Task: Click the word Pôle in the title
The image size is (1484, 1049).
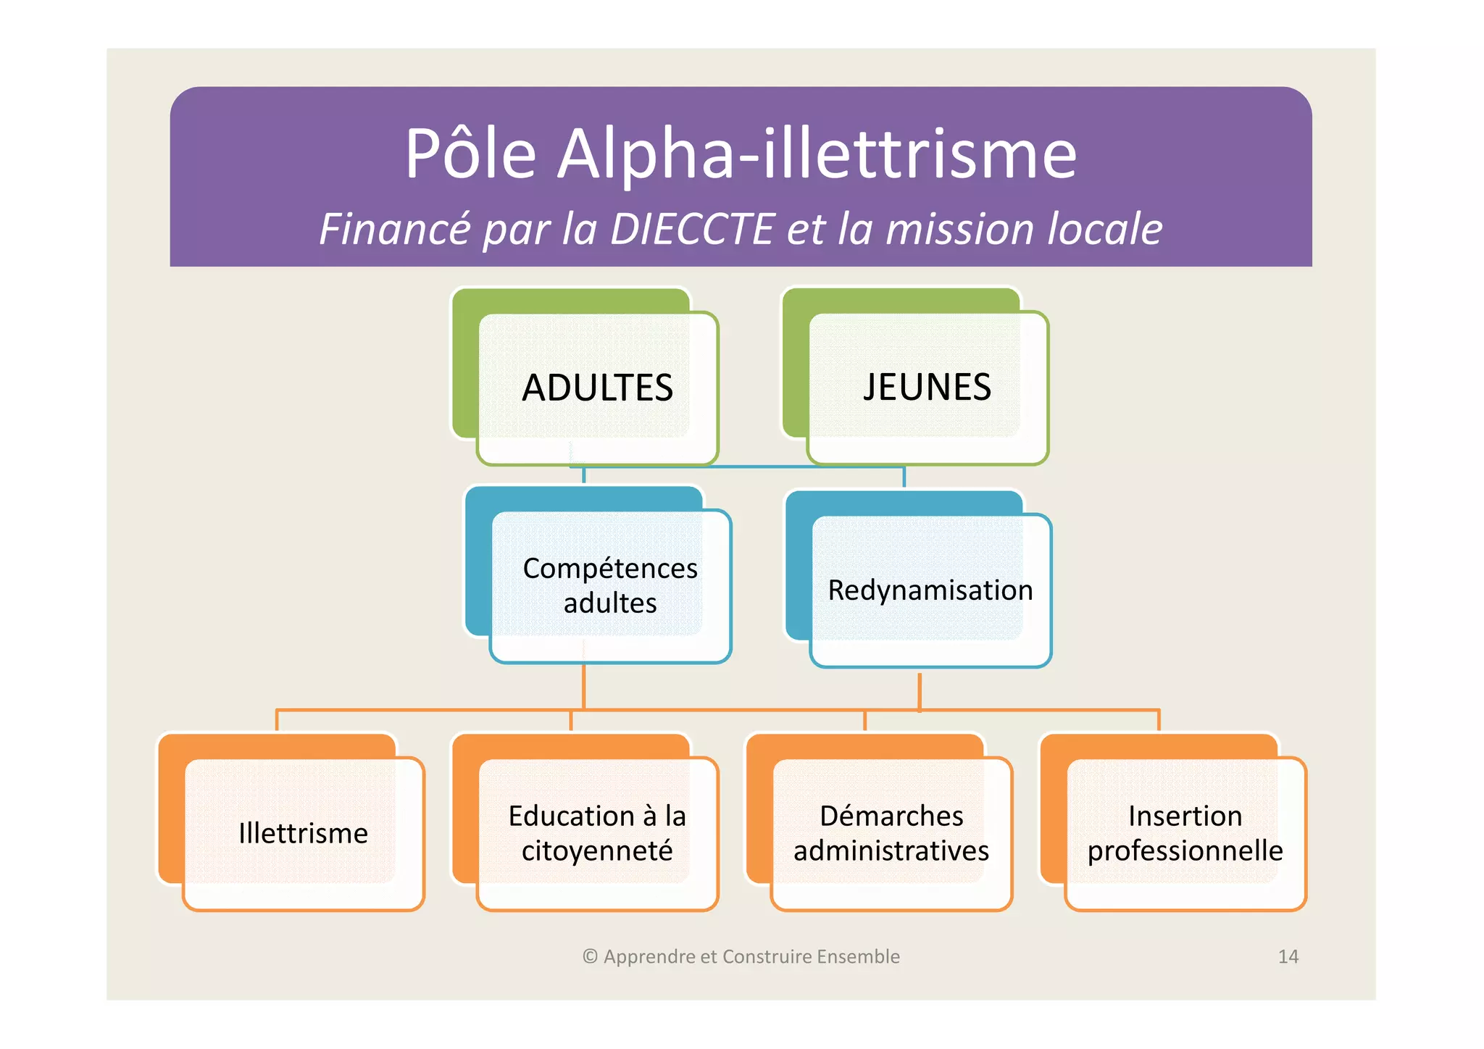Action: (470, 154)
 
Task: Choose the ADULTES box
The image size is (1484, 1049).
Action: (597, 388)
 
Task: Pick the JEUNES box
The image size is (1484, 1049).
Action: (927, 387)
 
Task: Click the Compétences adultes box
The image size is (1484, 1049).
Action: (610, 585)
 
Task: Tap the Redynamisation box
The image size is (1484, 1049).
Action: (930, 590)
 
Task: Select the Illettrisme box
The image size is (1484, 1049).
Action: (303, 833)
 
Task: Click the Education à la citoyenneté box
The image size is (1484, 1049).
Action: (597, 833)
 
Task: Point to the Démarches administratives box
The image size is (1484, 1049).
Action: (891, 833)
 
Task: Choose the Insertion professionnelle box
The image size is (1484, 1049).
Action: (1185, 833)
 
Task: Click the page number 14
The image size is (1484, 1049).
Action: (1288, 956)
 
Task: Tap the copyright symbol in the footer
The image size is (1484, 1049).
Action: (590, 956)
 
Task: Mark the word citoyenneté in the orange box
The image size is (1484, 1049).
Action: (597, 851)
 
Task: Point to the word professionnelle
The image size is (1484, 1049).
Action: (1185, 851)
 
